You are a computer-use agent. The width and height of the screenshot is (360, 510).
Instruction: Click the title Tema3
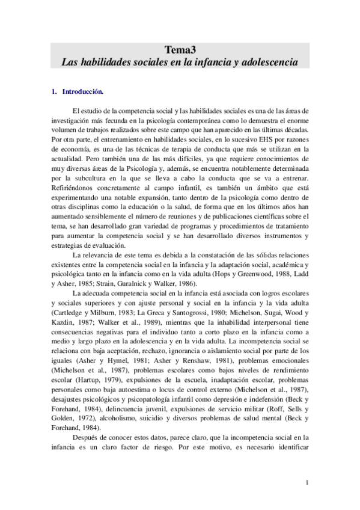pos(180,50)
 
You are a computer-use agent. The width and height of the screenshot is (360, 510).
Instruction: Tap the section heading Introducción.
pos(83,92)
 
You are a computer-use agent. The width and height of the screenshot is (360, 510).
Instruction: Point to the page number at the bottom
pos(307,482)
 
